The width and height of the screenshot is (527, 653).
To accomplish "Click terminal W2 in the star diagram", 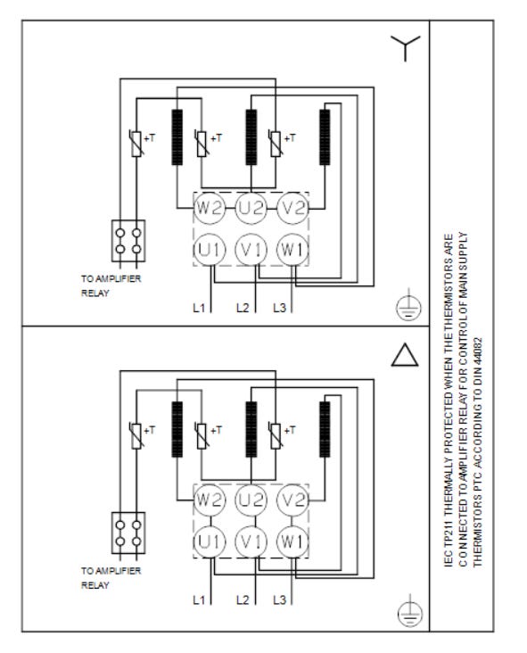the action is pyautogui.click(x=210, y=208).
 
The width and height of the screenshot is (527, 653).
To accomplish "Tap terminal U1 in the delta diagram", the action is pyautogui.click(x=210, y=541).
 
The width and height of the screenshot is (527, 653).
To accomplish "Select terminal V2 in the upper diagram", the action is pyautogui.click(x=293, y=208).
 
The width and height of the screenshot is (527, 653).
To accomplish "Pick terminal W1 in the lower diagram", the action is pyautogui.click(x=293, y=541).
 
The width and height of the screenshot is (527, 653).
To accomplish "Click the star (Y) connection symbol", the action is pyautogui.click(x=405, y=45).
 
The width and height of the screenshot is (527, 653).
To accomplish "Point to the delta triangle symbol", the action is pyautogui.click(x=405, y=355).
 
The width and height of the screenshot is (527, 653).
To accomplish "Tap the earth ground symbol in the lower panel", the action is pyautogui.click(x=410, y=611).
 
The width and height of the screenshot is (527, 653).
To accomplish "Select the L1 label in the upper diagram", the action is pyautogui.click(x=199, y=308).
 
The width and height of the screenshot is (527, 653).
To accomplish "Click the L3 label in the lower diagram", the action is pyautogui.click(x=279, y=600).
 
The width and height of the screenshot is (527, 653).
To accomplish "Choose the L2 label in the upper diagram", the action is pyautogui.click(x=243, y=308).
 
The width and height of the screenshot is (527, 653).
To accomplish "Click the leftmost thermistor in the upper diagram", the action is pyautogui.click(x=136, y=144).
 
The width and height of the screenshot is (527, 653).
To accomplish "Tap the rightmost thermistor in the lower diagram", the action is pyautogui.click(x=276, y=435).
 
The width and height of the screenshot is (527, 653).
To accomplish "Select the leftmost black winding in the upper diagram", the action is pyautogui.click(x=177, y=137).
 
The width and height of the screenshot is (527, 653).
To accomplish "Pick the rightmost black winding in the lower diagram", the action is pyautogui.click(x=325, y=429).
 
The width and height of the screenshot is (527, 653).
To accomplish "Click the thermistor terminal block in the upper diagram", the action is pyautogui.click(x=128, y=241).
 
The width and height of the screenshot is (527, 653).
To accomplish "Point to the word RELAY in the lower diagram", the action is pyautogui.click(x=95, y=585).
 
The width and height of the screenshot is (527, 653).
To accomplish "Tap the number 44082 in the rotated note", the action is pyautogui.click(x=477, y=353).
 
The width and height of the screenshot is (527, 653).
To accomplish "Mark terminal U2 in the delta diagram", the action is pyautogui.click(x=251, y=500).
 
